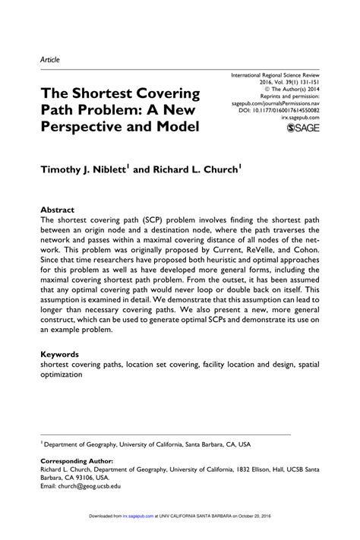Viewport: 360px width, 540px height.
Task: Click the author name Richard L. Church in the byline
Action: (x=200, y=172)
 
